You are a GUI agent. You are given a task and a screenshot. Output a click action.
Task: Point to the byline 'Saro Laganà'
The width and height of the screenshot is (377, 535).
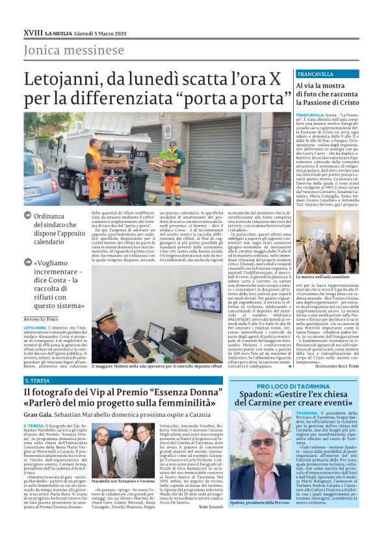coord(209,523)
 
